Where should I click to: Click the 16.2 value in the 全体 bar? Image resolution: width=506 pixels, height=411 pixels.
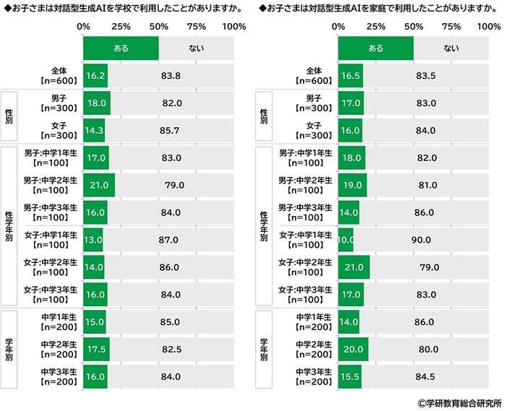(x=96, y=74)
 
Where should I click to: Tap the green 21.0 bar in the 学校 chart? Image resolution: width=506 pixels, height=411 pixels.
(x=99, y=185)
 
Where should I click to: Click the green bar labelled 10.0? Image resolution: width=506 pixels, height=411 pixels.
(x=346, y=240)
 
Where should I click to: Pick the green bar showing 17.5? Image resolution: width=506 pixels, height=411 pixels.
(x=96, y=350)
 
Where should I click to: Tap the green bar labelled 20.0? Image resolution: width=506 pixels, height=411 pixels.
(x=353, y=350)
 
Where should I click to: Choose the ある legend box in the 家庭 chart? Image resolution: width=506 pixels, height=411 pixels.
(x=376, y=48)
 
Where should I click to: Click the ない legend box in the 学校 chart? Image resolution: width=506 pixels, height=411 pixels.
(x=196, y=48)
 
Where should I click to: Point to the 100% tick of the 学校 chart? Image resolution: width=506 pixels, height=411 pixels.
(x=233, y=27)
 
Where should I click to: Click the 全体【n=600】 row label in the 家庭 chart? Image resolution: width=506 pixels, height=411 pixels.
(x=313, y=75)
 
